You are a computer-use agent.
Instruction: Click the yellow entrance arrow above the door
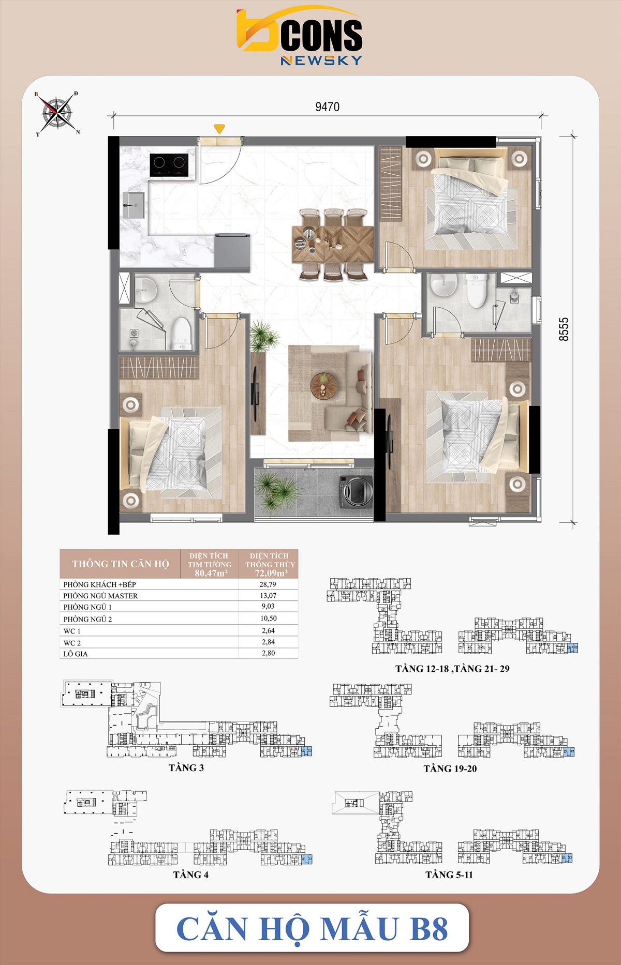tap(219, 128)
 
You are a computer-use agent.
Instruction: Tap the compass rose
tap(57, 113)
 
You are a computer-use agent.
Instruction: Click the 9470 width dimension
tap(328, 107)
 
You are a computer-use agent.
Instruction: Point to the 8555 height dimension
tap(564, 329)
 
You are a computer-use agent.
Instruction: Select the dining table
tap(333, 244)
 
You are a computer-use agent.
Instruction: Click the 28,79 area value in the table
tap(268, 584)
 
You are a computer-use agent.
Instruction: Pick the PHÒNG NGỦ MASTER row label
tap(100, 596)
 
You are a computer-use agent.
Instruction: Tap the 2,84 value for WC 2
tap(268, 642)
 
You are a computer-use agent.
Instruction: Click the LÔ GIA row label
tap(76, 654)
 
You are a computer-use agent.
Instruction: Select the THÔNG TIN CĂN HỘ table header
tap(121, 564)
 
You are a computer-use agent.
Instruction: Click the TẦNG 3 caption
tap(186, 768)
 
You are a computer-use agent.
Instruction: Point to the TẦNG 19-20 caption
tap(450, 769)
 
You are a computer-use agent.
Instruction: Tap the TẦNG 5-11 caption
tap(449, 875)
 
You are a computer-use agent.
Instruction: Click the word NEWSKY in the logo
tap(321, 61)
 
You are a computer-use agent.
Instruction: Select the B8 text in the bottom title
tap(428, 929)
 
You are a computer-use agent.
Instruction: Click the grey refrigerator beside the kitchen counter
tap(232, 251)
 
